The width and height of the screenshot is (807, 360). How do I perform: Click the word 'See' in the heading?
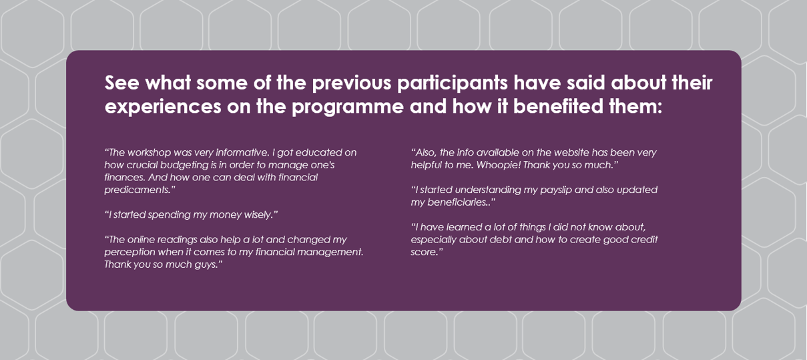pyautogui.click(x=121, y=83)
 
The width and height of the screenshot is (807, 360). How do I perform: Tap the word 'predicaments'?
pyautogui.click(x=138, y=190)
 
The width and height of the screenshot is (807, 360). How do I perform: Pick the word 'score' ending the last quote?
pyautogui.click(x=423, y=252)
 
